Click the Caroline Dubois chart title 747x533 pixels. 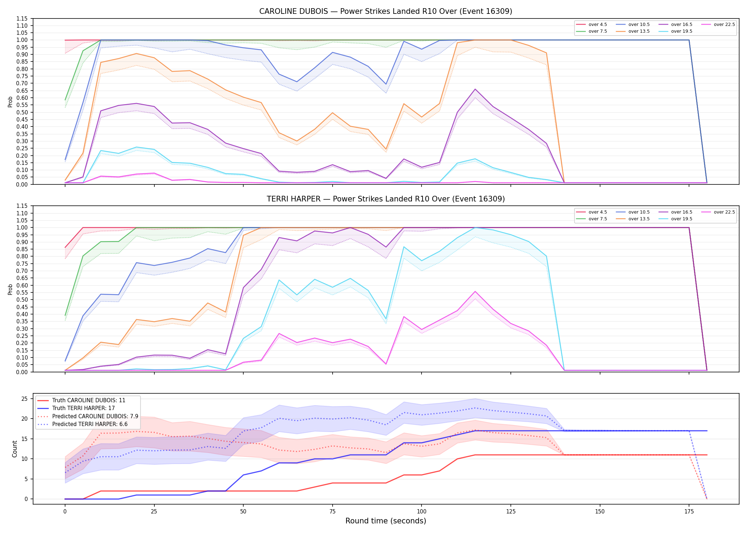click(x=386, y=11)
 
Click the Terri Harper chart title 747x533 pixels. click(x=386, y=199)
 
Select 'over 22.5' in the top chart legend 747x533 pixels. click(x=724, y=25)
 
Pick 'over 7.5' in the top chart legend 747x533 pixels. click(x=598, y=31)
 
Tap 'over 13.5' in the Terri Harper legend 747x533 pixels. click(x=639, y=219)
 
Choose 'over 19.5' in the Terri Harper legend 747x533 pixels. click(x=682, y=219)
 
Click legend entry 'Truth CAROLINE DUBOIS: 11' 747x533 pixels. click(x=89, y=400)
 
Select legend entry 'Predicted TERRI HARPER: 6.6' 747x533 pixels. click(x=90, y=424)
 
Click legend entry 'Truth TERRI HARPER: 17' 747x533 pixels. click(x=83, y=408)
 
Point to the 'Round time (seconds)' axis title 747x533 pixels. click(x=386, y=521)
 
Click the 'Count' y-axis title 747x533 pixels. click(x=15, y=449)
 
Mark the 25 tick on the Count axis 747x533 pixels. click(x=25, y=399)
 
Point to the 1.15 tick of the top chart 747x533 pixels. click(x=22, y=18)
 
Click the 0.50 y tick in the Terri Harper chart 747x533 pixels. click(x=22, y=300)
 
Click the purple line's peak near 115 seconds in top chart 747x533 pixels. click(x=475, y=89)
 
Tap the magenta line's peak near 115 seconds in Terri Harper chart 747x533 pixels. click(x=475, y=291)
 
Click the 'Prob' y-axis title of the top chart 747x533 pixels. click(x=10, y=102)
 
